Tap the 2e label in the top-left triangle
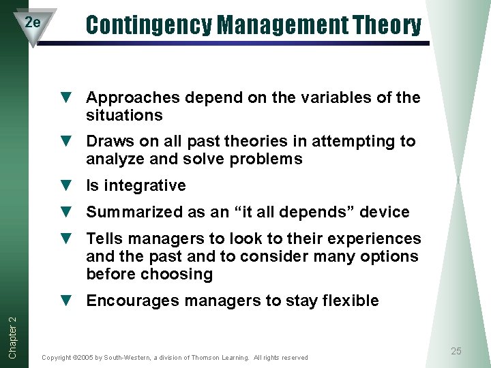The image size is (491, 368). (32, 22)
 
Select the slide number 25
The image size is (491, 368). (456, 351)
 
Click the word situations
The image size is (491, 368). (124, 116)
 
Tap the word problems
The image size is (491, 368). (267, 159)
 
